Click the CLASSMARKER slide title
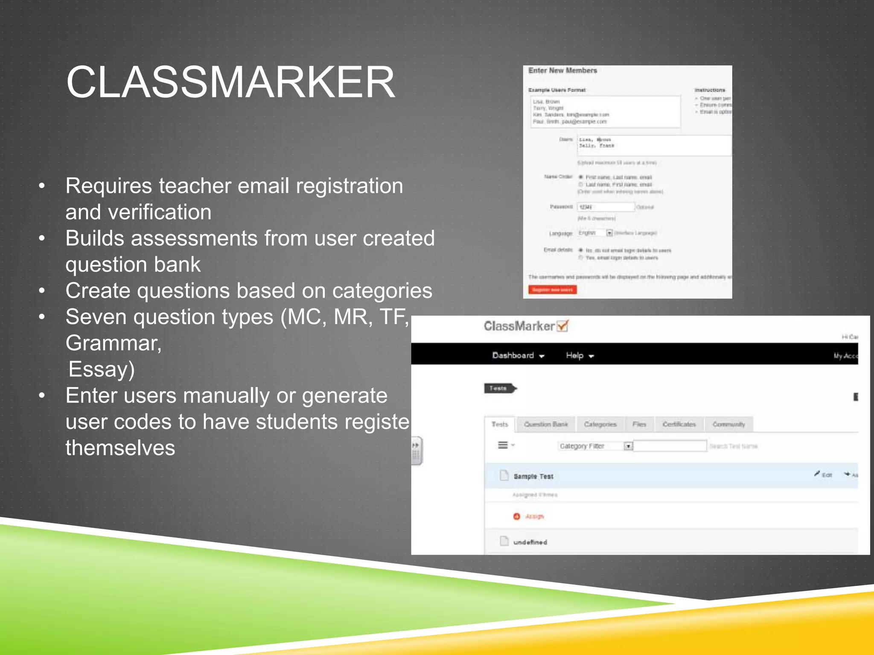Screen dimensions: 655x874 tap(230, 82)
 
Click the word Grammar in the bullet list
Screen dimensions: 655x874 tap(113, 343)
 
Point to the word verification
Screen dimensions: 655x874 tap(160, 212)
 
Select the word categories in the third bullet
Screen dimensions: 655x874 tap(382, 291)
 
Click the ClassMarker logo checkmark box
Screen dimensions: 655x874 tap(563, 326)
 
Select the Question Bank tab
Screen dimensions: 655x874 tap(546, 424)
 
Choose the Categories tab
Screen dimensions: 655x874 tap(600, 424)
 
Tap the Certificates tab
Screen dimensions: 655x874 tap(679, 424)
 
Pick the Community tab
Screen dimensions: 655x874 tap(728, 424)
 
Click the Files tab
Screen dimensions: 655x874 tap(639, 424)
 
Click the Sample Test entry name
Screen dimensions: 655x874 tap(533, 476)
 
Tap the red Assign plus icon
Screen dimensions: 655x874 tap(516, 516)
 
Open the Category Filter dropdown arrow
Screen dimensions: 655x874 tap(628, 446)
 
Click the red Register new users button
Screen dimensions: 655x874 tap(552, 290)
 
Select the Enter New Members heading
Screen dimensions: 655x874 tap(562, 70)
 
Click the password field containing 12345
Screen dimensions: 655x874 tap(606, 207)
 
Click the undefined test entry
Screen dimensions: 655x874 tap(530, 542)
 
